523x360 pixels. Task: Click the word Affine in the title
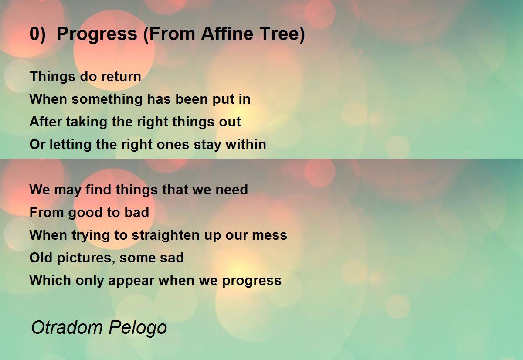click(227, 34)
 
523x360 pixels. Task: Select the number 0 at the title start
click(34, 34)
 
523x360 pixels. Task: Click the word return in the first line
click(121, 77)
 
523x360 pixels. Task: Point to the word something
click(107, 99)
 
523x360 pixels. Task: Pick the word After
click(45, 122)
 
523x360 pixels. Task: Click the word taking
click(87, 122)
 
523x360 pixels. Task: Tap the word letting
click(70, 145)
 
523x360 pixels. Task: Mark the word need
click(231, 190)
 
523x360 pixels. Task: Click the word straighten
click(166, 235)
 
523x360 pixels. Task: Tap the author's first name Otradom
click(67, 327)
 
